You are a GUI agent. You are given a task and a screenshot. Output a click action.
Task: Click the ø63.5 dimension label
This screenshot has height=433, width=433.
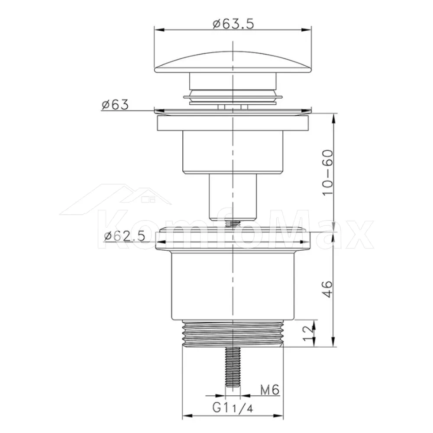(x=233, y=24)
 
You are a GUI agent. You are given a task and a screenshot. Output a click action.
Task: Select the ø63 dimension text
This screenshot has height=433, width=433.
(x=115, y=105)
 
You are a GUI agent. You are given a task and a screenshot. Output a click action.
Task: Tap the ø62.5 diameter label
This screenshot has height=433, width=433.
(x=125, y=236)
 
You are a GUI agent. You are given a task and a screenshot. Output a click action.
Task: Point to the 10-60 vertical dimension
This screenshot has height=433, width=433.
(x=328, y=173)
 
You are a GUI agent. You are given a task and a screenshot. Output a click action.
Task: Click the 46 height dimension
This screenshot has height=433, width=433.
(x=328, y=289)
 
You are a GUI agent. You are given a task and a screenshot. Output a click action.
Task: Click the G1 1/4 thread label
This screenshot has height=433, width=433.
(x=233, y=407)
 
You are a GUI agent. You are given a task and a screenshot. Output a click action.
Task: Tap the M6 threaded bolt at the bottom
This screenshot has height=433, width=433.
(x=233, y=367)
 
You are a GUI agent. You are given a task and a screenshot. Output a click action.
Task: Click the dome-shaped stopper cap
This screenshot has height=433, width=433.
(x=233, y=62)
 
